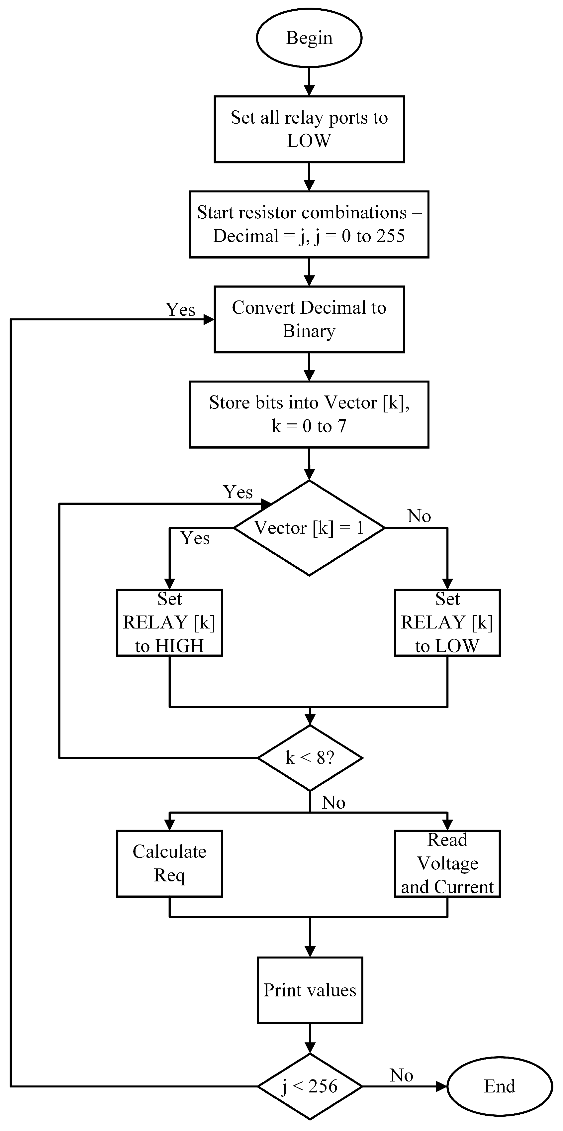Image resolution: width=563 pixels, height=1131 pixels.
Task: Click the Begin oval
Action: pyautogui.click(x=309, y=38)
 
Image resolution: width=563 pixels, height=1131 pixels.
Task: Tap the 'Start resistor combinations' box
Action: pyautogui.click(x=309, y=224)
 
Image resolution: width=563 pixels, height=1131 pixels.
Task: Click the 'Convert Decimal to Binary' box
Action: pyautogui.click(x=309, y=319)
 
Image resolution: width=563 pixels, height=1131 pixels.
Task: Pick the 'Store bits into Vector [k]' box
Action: pyautogui.click(x=309, y=414)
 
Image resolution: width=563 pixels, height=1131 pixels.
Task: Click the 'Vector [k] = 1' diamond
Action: pyautogui.click(x=309, y=528)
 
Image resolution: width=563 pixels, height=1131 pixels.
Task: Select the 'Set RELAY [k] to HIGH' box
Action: pyautogui.click(x=169, y=622)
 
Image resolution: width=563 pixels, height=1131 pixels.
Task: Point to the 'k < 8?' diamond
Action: pyautogui.click(x=310, y=758)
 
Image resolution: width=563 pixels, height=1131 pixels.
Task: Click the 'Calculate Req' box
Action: pyautogui.click(x=169, y=863)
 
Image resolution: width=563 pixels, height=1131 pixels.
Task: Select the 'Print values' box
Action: pyautogui.click(x=310, y=990)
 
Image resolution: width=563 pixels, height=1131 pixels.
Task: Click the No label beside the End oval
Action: pyautogui.click(x=401, y=1075)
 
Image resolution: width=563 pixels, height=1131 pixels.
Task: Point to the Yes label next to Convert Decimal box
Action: pyautogui.click(x=180, y=309)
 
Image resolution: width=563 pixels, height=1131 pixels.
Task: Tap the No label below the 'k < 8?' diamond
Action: pyautogui.click(x=333, y=802)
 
